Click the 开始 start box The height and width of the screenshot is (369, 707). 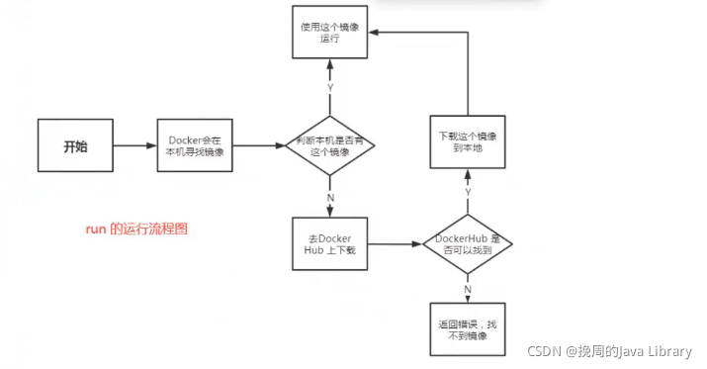coord(75,146)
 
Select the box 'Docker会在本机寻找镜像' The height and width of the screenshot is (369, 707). coord(195,146)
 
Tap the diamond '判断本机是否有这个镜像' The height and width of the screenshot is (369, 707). coord(330,147)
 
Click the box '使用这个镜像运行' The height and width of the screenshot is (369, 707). coord(330,34)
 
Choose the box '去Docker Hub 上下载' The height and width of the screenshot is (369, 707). coord(330,244)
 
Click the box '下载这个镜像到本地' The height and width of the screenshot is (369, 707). coord(468,140)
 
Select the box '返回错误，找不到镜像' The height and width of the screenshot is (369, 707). coord(468,329)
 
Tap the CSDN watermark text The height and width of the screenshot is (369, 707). coord(607,351)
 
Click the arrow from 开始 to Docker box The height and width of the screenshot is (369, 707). coord(134,146)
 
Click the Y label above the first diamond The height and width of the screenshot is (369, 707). coord(330,87)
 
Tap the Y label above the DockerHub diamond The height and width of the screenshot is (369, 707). coord(468,191)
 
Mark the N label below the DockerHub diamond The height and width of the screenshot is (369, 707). coord(468,289)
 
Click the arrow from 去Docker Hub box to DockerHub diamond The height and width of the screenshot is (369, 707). coord(394,244)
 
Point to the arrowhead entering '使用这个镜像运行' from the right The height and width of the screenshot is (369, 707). coord(375,32)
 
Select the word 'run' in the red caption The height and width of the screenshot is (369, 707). coord(95,229)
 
